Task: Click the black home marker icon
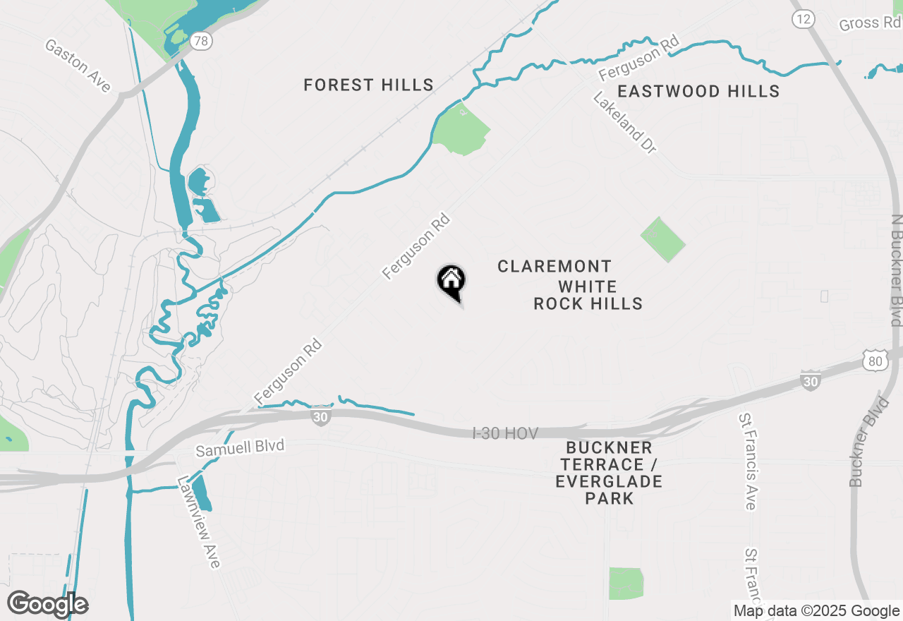coord(451,282)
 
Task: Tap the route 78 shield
coord(202,41)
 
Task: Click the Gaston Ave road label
coord(78,66)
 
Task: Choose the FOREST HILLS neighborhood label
coord(368,85)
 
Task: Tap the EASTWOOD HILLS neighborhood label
coord(698,91)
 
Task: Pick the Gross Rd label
coord(870,23)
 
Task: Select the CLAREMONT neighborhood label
coord(554,266)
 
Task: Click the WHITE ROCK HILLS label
coord(588,295)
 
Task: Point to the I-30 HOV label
coord(505,433)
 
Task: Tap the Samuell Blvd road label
coord(240,447)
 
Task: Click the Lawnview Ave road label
coord(200,521)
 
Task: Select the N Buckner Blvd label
coord(897,270)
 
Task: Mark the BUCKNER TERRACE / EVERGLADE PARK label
coord(609,473)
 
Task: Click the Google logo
coord(48,604)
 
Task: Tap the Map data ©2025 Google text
coord(816,611)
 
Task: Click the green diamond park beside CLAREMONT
coord(662,239)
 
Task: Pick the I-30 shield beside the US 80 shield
coord(811,380)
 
